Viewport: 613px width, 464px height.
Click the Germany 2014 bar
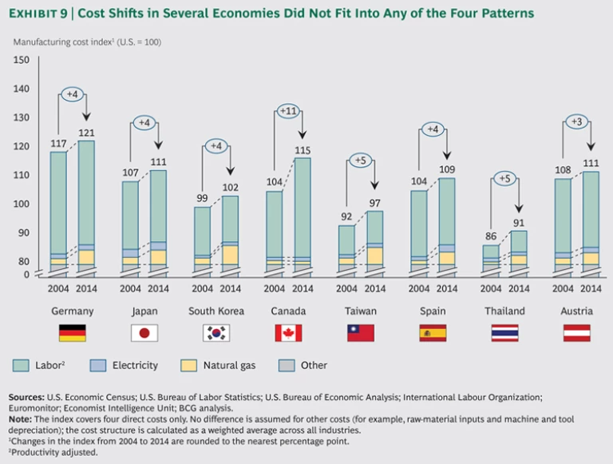click(x=85, y=200)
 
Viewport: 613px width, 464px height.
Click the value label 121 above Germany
click(x=86, y=133)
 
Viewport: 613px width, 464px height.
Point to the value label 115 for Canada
click(x=303, y=150)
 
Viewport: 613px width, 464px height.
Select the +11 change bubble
click(x=288, y=111)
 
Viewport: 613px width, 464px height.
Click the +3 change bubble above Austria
click(x=576, y=121)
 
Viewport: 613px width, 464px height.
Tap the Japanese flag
click(x=144, y=333)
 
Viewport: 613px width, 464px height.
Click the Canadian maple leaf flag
click(x=288, y=333)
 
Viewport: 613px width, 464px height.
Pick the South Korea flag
click(x=216, y=333)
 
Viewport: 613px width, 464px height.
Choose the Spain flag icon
click(x=432, y=333)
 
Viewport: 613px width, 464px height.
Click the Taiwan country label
click(x=360, y=311)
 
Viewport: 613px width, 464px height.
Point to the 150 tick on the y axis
click(x=22, y=60)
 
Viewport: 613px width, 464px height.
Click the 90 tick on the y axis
click(x=24, y=232)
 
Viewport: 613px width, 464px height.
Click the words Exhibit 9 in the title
click(x=39, y=14)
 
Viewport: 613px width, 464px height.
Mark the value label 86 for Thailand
click(x=491, y=237)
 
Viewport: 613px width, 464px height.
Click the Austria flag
click(x=576, y=333)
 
